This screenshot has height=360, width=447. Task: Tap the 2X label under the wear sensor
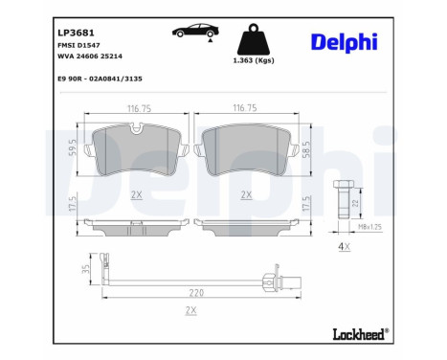[191, 311]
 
